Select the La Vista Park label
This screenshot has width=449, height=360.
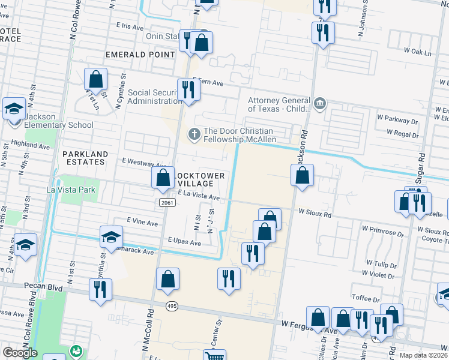pyautogui.click(x=71, y=190)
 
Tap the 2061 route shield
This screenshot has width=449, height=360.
pyautogui.click(x=168, y=203)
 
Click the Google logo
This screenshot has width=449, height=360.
pyautogui.click(x=20, y=353)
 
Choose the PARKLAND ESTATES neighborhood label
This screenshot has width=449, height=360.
pyautogui.click(x=86, y=158)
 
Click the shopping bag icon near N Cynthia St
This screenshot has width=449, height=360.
pyautogui.click(x=96, y=79)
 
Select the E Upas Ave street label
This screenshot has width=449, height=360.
pyautogui.click(x=185, y=242)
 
